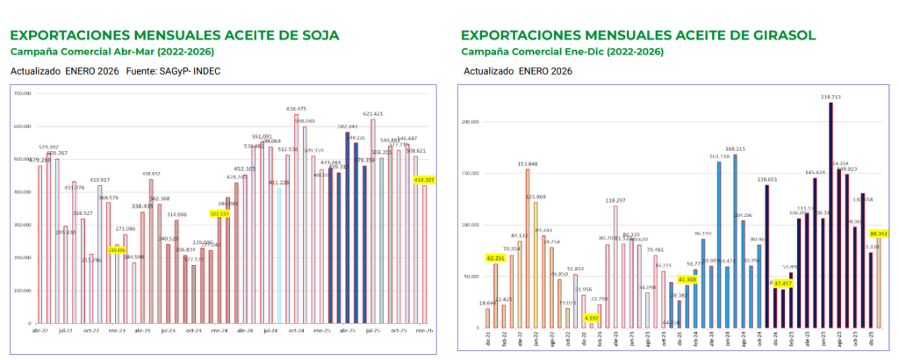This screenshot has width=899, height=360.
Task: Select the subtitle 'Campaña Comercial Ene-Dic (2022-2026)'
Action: click(563, 52)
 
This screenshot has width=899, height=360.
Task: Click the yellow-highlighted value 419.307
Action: click(425, 179)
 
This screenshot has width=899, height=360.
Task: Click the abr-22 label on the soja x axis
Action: click(40, 330)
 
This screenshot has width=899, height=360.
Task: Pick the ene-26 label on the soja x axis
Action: click(424, 330)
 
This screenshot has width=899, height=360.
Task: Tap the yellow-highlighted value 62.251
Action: click(498, 258)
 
